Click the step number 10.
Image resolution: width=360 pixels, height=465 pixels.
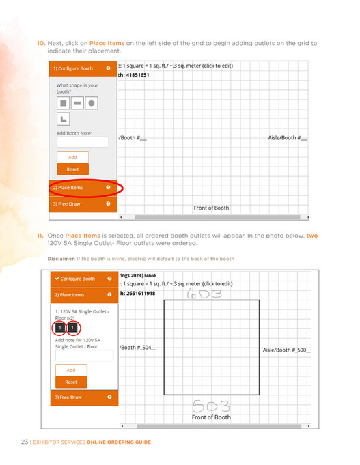(x=41, y=43)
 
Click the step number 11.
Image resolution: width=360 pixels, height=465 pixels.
(x=40, y=236)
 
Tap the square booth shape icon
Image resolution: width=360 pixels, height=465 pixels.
(x=64, y=103)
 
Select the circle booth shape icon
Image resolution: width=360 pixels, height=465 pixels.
(x=92, y=103)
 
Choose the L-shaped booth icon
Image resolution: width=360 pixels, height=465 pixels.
(x=64, y=119)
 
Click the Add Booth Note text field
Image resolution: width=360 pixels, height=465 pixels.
(x=83, y=142)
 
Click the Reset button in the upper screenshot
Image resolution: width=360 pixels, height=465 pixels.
(x=72, y=169)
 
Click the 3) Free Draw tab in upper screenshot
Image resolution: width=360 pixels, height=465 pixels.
(x=83, y=204)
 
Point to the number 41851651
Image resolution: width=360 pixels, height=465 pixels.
(x=138, y=75)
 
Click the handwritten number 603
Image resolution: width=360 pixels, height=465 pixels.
(x=204, y=294)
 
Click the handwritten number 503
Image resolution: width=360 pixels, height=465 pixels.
(x=211, y=406)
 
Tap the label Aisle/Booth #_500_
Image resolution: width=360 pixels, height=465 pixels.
(x=286, y=350)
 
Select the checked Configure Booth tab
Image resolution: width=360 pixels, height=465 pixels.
(x=84, y=279)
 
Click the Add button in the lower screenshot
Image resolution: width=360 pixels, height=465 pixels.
(x=71, y=370)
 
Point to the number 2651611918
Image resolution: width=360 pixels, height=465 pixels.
(x=141, y=294)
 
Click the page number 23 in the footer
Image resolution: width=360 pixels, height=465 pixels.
(x=25, y=442)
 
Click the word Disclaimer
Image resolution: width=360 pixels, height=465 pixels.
(x=61, y=259)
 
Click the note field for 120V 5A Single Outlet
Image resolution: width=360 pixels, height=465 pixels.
(x=84, y=355)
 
